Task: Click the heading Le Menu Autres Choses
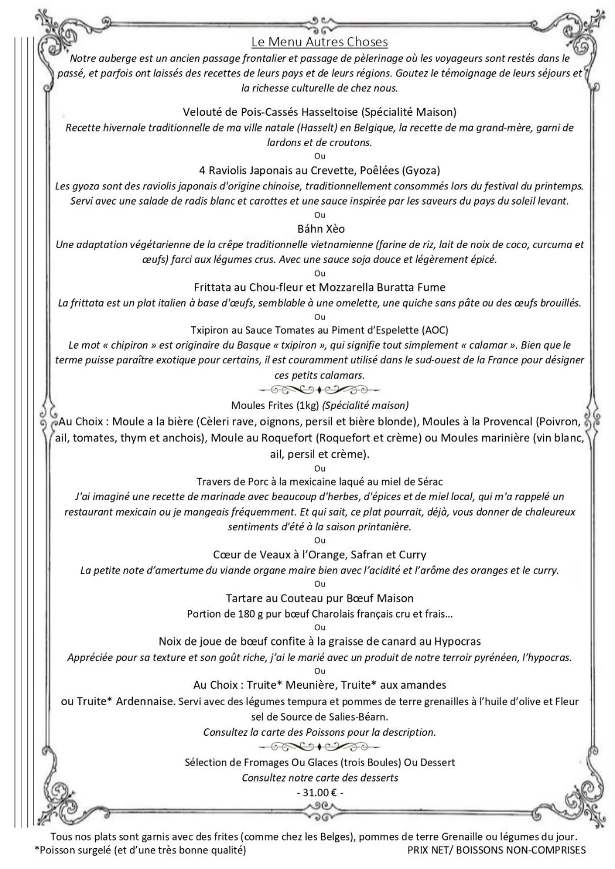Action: (319, 42)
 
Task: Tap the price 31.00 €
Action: (320, 792)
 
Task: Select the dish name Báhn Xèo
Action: (321, 229)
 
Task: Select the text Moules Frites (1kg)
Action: (275, 406)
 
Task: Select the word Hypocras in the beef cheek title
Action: (457, 642)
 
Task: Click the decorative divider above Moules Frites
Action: (320, 390)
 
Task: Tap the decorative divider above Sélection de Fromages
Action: (320, 747)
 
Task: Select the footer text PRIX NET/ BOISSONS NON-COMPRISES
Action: (497, 850)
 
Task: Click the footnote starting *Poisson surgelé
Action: (140, 850)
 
